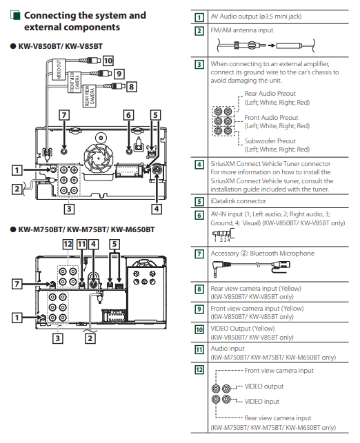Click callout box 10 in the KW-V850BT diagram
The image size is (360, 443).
click(108, 61)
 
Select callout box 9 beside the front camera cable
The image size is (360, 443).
click(119, 74)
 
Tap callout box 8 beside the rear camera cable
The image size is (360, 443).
click(131, 86)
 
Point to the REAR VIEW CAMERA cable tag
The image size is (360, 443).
click(90, 96)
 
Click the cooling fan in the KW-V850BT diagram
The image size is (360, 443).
click(99, 158)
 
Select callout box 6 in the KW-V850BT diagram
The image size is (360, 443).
click(128, 115)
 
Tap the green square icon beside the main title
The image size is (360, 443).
click(16, 15)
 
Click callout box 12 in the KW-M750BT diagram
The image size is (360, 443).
click(68, 244)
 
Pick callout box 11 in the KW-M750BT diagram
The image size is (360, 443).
click(82, 244)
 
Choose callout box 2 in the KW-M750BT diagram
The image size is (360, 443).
click(90, 338)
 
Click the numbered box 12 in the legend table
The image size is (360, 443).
click(199, 370)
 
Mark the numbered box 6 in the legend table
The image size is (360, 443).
click(199, 215)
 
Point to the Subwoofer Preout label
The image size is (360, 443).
click(270, 141)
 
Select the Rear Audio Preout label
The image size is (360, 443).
click(270, 94)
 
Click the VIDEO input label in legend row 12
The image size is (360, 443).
click(261, 402)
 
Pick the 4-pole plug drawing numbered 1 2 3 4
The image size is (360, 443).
click(223, 234)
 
